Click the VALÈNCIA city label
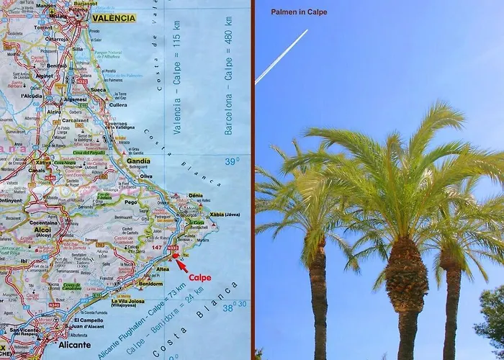[x=114, y=18]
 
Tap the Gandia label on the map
[x=138, y=161]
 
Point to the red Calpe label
[x=200, y=276]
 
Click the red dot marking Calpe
[x=176, y=256]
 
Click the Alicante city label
[x=75, y=345]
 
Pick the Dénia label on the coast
[x=195, y=195]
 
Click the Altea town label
[x=163, y=269]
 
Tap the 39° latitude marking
[x=230, y=162]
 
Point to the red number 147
[x=157, y=248]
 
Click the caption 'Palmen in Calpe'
[x=299, y=12]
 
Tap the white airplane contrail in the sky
[x=282, y=55]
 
